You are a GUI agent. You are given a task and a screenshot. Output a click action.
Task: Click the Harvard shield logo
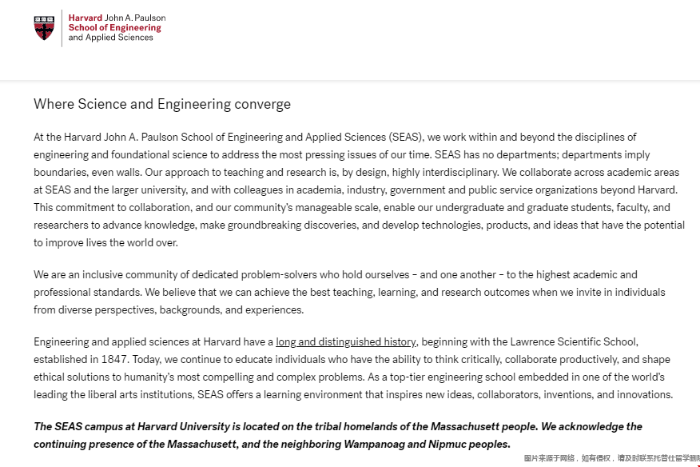46,27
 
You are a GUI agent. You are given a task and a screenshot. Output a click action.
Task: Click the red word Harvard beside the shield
86,18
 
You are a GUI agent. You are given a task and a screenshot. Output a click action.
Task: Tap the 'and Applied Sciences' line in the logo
110,38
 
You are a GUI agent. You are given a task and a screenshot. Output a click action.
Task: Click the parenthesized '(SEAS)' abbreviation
403,138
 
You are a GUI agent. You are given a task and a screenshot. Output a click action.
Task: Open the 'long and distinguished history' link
346,342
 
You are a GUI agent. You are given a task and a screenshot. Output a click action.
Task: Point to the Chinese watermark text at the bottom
611,459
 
